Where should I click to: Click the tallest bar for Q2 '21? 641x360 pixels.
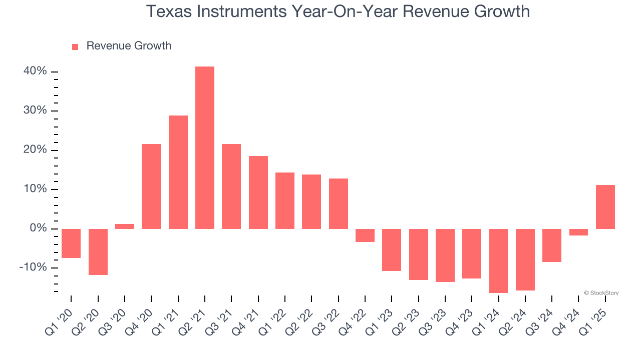[x=205, y=147]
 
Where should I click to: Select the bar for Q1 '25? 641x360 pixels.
[x=605, y=207]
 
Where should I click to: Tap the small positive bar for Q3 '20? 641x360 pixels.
[x=125, y=226]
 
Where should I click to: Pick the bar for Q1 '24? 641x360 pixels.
[x=498, y=260]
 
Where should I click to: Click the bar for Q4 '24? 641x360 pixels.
[x=578, y=232]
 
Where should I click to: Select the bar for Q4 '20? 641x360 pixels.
[x=151, y=186]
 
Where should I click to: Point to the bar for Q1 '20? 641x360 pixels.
[x=71, y=243]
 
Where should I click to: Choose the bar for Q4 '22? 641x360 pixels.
[x=365, y=235]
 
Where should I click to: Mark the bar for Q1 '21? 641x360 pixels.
[x=178, y=172]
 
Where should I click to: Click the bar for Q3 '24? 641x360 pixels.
[x=552, y=245]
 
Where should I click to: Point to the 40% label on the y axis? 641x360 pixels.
[x=35, y=71]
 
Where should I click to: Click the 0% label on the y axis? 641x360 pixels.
[x=38, y=228]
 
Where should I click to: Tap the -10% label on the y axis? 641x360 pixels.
[x=33, y=267]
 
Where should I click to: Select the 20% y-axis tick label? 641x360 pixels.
[x=35, y=150]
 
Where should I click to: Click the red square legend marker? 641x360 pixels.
[x=75, y=47]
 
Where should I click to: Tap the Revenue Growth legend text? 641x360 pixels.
[x=129, y=46]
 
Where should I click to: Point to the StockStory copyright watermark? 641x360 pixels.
[x=601, y=293]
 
